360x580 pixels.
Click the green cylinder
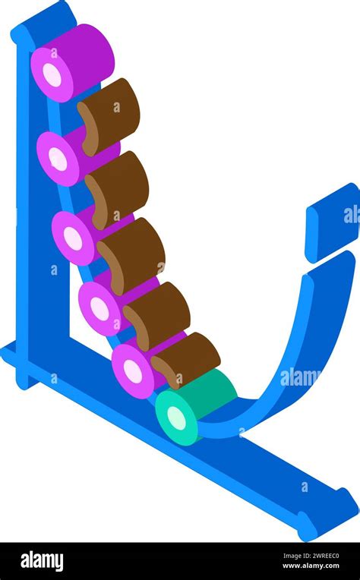[194, 407]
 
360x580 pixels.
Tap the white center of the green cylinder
[176, 418]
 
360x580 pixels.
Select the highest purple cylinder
[72, 63]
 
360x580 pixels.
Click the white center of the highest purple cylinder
[52, 75]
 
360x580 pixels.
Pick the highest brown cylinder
[109, 116]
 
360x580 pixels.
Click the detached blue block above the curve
[331, 222]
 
